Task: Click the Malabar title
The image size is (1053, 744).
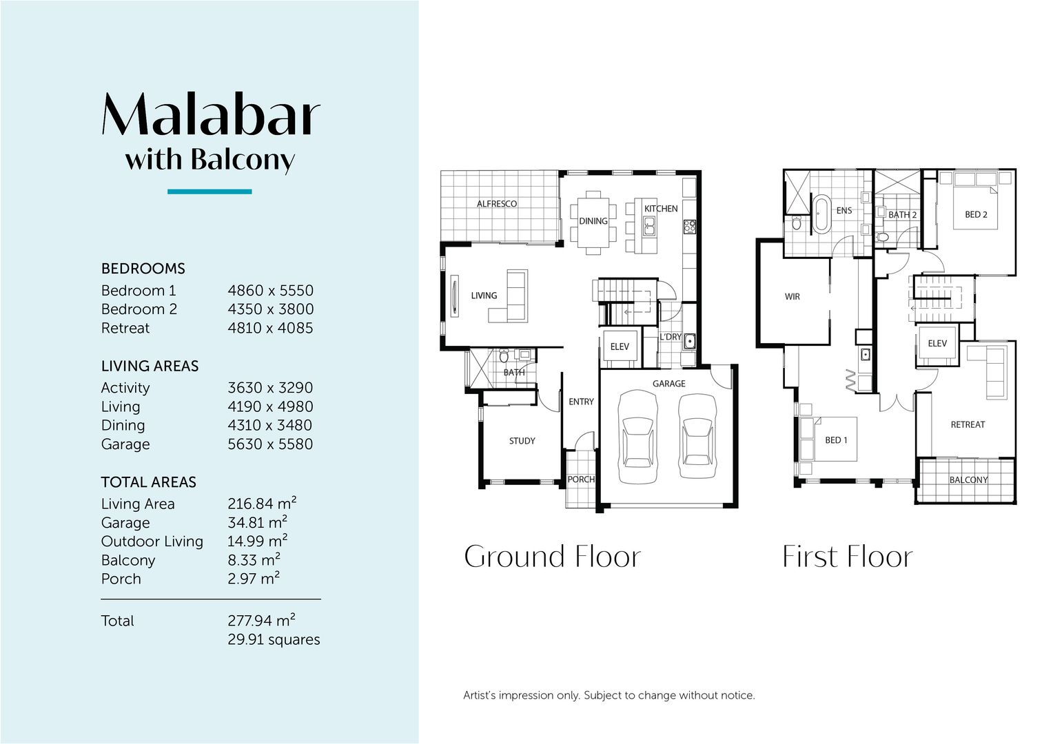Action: coord(211,114)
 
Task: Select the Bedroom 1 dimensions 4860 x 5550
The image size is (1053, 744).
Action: coord(270,291)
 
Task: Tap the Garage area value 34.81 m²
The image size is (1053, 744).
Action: coord(257,523)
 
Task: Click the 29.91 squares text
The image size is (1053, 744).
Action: coord(274,640)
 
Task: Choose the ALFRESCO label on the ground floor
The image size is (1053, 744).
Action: coord(497,204)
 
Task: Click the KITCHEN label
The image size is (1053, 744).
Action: coord(661,209)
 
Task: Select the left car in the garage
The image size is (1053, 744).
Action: coord(638,437)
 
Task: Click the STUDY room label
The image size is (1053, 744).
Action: coord(522,441)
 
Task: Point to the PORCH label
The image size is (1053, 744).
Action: coord(581,479)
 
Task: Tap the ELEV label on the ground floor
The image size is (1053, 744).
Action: coord(620,347)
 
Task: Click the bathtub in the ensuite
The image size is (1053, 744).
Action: coord(821,214)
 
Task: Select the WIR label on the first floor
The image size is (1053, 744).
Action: coord(793,297)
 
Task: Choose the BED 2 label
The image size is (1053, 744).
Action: coord(976,215)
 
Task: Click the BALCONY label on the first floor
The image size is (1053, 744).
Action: coord(968,480)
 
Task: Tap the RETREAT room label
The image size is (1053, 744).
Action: coord(968,425)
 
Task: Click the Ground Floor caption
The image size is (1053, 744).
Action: coord(552,557)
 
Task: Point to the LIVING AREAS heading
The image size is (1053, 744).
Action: coord(150,366)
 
